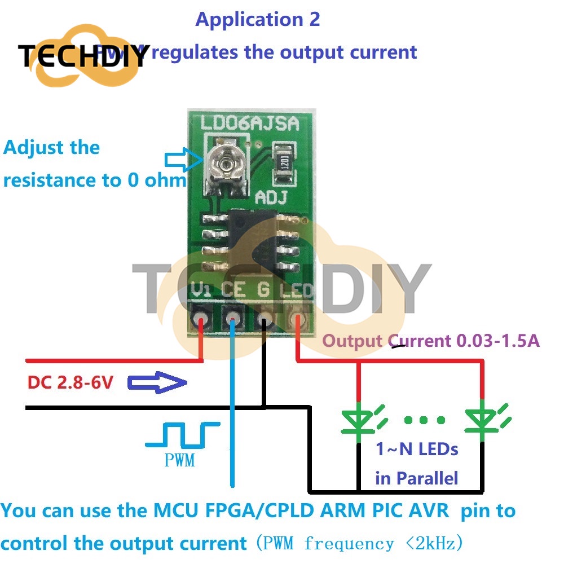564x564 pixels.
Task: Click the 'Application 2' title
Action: (x=258, y=20)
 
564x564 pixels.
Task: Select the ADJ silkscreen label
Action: (x=272, y=198)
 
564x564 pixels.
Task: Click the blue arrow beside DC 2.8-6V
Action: (x=157, y=384)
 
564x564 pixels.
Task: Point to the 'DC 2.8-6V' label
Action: (x=70, y=383)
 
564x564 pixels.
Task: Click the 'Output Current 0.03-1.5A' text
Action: (x=431, y=341)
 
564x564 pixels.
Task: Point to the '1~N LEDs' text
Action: (x=417, y=450)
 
